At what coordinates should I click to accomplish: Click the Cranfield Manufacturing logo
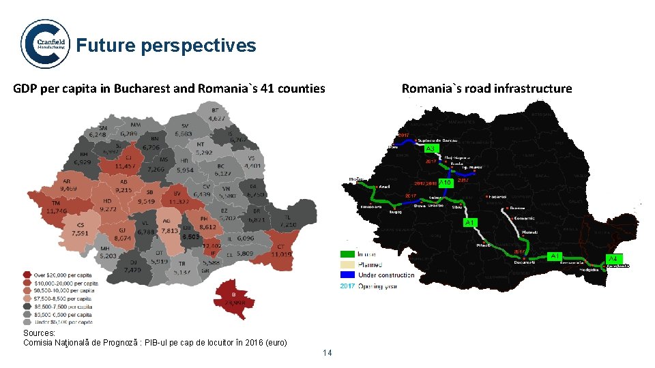pyautogui.click(x=45, y=44)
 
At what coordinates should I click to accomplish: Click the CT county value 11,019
pyautogui.click(x=282, y=254)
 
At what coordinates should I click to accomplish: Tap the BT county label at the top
pyautogui.click(x=216, y=110)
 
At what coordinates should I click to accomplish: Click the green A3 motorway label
pyautogui.click(x=431, y=149)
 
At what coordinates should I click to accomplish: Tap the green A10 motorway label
pyautogui.click(x=445, y=183)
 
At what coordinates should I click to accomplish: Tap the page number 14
pyautogui.click(x=327, y=352)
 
